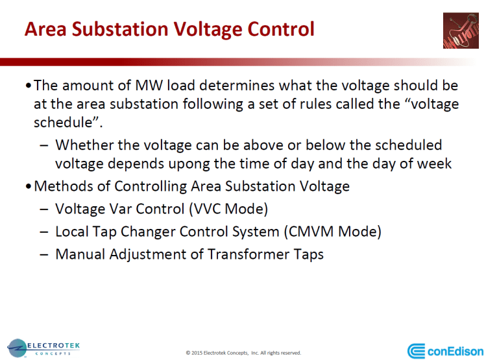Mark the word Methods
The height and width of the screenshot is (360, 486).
point(59,187)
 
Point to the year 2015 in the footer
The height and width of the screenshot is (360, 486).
point(199,353)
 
